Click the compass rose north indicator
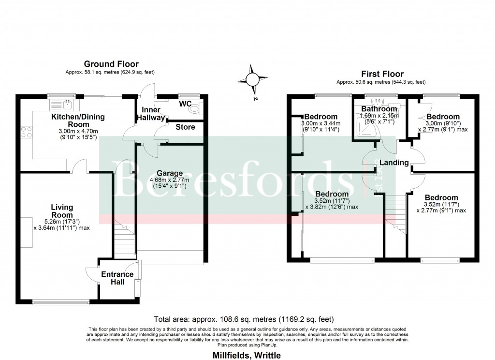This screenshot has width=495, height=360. click(251, 79)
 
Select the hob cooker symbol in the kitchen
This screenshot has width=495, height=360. click(26, 132)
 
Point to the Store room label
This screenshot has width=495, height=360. click(185, 127)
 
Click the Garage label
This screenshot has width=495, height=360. click(169, 173)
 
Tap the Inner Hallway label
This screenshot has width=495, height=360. click(151, 114)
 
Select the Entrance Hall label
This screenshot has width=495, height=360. click(117, 278)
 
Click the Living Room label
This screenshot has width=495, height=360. click(62, 211)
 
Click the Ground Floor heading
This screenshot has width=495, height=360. click(111, 64)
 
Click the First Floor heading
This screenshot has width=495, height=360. click(382, 74)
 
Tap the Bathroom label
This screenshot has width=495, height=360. click(379, 109)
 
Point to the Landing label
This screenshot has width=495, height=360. click(393, 163)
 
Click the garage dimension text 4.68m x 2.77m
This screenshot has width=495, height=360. click(169, 180)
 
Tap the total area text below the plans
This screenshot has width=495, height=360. click(243, 320)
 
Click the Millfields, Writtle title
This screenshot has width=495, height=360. click(247, 355)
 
